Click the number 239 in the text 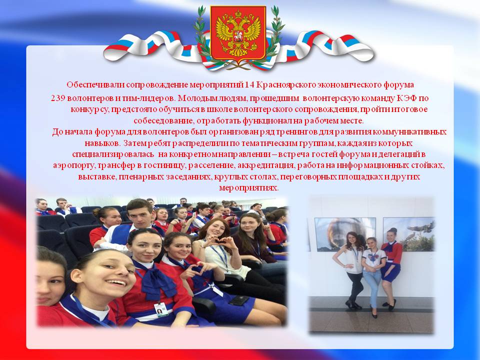[57, 98]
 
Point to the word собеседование [163, 121]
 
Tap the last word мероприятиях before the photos [248, 188]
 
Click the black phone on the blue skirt [239, 300]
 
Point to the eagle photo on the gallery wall [408, 234]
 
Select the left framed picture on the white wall [345, 234]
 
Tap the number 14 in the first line [249, 85]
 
